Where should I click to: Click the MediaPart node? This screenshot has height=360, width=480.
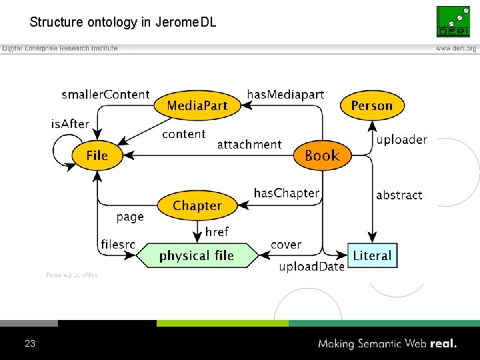197,105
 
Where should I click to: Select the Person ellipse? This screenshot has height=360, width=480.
372,105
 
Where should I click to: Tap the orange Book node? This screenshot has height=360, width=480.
323,155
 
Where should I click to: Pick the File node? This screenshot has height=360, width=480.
97,155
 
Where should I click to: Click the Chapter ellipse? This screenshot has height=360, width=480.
197,205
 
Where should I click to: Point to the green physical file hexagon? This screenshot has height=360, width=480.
197,255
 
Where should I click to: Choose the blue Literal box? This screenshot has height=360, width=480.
373,255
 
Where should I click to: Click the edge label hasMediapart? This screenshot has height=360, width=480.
285,94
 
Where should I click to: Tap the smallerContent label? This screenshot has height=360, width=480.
105,94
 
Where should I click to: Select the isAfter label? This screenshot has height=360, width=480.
70,124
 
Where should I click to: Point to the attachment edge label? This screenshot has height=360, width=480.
249,144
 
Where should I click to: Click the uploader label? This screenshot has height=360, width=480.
401,139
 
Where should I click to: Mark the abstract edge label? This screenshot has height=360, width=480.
399,195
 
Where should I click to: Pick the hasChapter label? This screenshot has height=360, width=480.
287,193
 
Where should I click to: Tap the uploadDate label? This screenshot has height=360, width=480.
311,267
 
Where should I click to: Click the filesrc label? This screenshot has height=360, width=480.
118,244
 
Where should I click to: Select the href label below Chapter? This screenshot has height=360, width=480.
217,232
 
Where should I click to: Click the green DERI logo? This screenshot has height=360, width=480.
453,21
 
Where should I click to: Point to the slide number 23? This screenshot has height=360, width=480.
30,343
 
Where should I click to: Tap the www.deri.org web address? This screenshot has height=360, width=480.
456,49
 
